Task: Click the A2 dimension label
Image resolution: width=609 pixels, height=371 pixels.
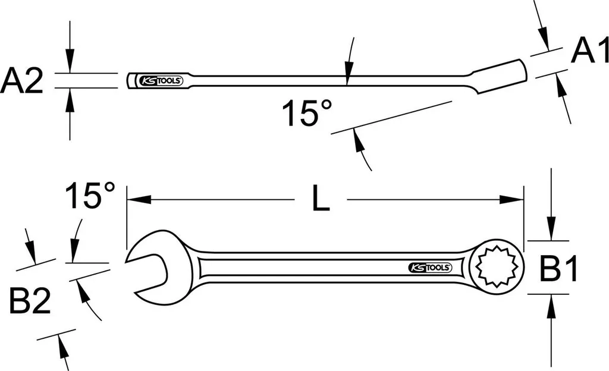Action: pos(23,81)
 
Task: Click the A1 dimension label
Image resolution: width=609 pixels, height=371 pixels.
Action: pos(590,52)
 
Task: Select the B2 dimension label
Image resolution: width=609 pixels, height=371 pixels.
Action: pos(29,303)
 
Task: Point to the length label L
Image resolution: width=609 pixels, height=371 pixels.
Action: pos(321,200)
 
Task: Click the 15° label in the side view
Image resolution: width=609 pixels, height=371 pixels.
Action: pos(306,113)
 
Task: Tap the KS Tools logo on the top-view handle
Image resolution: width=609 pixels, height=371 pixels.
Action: pos(429,267)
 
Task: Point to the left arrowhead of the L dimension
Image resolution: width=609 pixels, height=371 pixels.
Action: pos(132,200)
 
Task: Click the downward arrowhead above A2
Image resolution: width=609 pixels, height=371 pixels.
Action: pos(70,66)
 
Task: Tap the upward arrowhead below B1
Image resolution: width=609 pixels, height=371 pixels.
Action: pos(553,302)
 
